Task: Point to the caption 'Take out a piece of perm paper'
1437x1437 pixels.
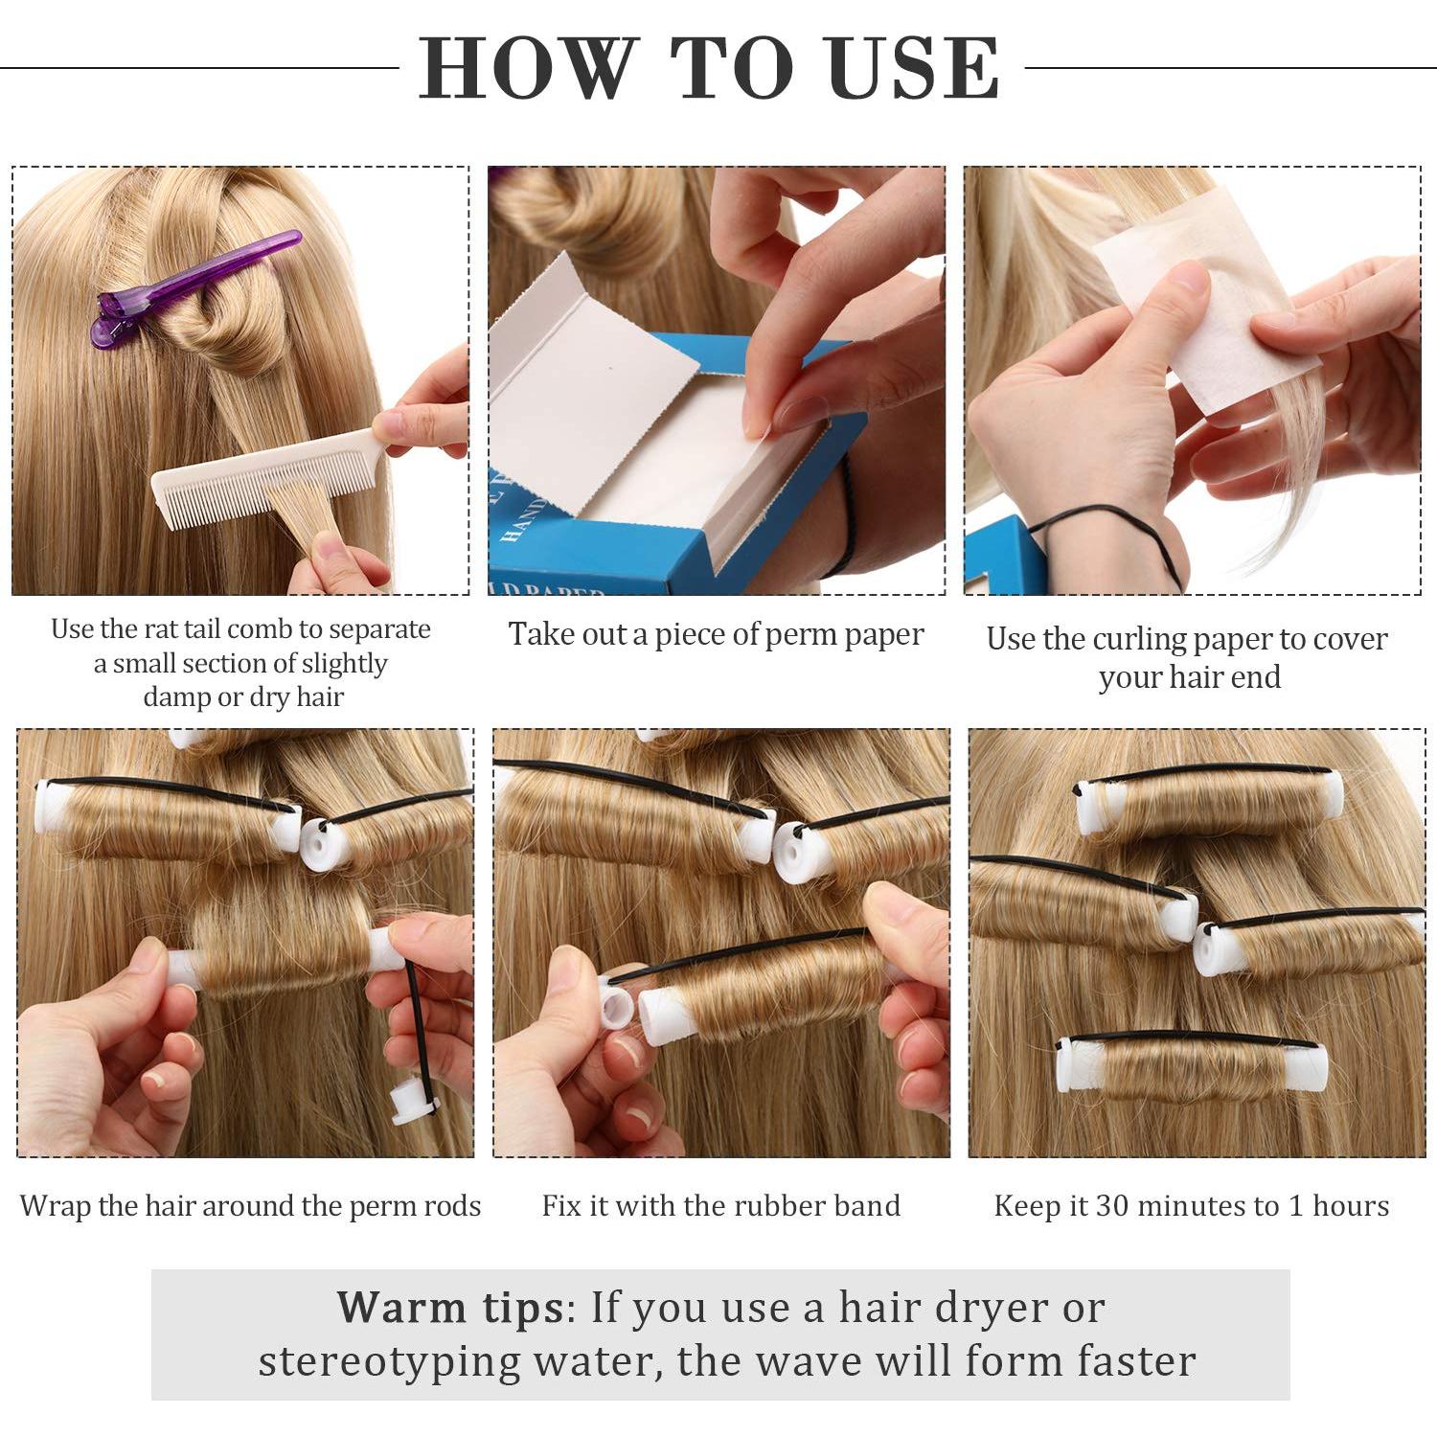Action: click(x=716, y=635)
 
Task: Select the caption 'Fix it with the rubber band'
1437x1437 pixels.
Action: click(x=721, y=1205)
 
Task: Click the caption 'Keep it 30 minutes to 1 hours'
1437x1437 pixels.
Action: click(x=1192, y=1205)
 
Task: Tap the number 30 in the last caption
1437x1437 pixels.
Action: click(x=1117, y=1205)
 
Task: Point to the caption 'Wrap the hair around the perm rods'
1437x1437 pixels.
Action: click(x=250, y=1205)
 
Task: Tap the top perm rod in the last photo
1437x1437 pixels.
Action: click(x=1209, y=803)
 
